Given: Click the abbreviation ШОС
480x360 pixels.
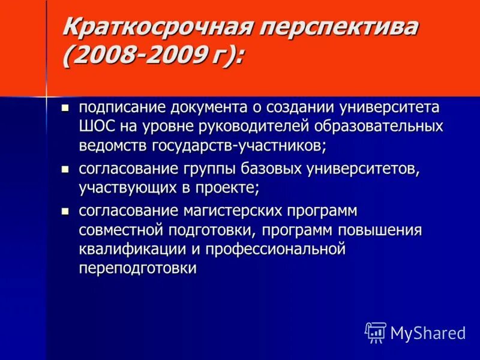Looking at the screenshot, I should [97, 127].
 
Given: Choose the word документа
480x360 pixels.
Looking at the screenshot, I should [209, 108].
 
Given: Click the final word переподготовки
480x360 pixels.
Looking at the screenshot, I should [137, 268].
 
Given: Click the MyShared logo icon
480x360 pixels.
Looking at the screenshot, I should [376, 332].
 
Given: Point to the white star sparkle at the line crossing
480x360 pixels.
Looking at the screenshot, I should [46, 96].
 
